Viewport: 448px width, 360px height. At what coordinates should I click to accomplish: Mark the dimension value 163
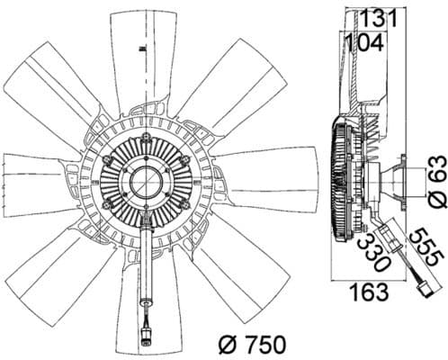point(369,292)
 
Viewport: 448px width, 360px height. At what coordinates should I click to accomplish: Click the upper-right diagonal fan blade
point(220,81)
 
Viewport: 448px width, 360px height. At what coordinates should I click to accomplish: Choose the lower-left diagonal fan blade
point(67,270)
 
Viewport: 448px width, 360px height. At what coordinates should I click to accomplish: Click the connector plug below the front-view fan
point(145,339)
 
